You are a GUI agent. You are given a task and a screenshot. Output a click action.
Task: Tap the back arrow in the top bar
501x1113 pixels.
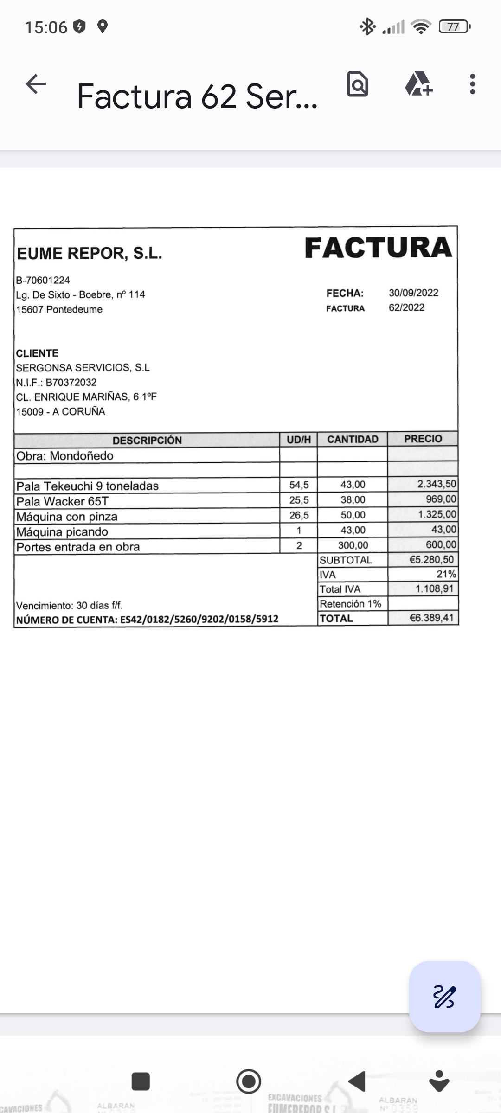click(36, 84)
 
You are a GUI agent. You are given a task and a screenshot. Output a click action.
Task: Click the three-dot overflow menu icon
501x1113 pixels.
click(472, 84)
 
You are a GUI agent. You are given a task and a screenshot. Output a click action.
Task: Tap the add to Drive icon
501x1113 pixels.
click(418, 84)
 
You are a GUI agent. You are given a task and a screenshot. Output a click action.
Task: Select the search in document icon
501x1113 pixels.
click(358, 84)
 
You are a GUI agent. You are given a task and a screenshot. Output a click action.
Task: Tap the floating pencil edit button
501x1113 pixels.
click(444, 997)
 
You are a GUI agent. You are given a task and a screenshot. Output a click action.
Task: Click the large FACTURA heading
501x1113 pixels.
click(378, 248)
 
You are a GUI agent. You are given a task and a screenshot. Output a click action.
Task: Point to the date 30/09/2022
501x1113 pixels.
click(413, 293)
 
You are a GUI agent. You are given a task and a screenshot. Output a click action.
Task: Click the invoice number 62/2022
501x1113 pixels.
click(406, 307)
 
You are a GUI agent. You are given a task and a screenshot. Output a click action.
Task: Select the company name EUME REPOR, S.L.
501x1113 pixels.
click(90, 254)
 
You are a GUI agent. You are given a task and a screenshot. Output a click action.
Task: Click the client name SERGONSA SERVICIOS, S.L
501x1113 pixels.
click(83, 368)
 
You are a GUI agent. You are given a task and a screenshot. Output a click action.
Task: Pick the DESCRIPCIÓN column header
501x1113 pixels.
click(147, 440)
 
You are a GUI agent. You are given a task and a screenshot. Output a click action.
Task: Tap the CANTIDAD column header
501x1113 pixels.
click(353, 439)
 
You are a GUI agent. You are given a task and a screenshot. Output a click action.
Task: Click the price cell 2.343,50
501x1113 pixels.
click(437, 484)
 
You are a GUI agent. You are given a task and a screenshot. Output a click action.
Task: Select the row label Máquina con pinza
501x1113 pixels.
click(67, 517)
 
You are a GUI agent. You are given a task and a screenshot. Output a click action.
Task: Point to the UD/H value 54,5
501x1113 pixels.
click(299, 485)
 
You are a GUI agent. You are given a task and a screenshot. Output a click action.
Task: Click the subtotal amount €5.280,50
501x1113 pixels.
click(431, 560)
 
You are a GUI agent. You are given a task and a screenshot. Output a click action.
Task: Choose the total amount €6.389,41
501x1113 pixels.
click(431, 618)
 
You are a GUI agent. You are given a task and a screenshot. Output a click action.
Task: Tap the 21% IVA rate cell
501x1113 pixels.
click(446, 574)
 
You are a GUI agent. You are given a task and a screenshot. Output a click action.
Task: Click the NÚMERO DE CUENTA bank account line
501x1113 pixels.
click(148, 620)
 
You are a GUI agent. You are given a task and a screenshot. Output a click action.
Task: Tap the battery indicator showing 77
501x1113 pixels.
click(453, 27)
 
